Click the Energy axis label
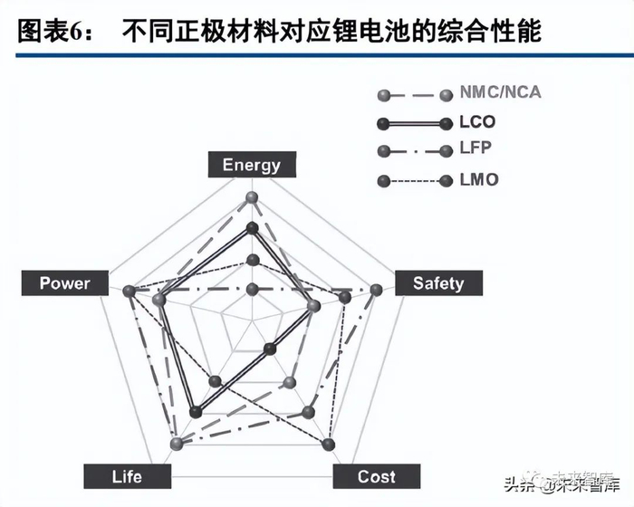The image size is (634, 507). (252, 165)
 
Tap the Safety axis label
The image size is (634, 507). (438, 283)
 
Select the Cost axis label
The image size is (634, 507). (376, 476)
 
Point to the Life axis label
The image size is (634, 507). (127, 476)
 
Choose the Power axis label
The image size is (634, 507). (64, 283)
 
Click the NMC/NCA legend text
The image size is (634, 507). (502, 93)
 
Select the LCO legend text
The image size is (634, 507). (478, 122)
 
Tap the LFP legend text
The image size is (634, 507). (478, 150)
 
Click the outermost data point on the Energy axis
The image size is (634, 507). (253, 197)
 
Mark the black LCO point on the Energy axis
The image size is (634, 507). (253, 227)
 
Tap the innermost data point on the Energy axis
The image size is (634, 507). (253, 289)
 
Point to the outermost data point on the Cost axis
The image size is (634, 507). (329, 444)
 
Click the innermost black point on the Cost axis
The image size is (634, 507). (270, 349)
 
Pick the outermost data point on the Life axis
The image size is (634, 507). (178, 444)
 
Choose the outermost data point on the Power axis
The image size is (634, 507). (130, 291)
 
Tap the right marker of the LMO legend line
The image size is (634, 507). (445, 181)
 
